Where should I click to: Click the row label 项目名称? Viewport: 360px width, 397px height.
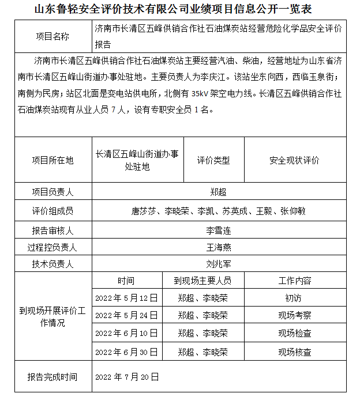[52, 36]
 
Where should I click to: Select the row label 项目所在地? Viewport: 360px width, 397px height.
[52, 160]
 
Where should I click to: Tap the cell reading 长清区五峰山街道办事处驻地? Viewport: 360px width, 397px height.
[137, 160]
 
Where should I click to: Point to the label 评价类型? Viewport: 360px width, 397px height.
[213, 160]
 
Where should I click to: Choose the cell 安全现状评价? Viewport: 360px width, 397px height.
[294, 160]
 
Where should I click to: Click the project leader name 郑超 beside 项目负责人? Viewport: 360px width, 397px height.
[219, 192]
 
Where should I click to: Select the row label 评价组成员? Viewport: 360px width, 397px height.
[52, 211]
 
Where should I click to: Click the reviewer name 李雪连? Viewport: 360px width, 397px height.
[219, 230]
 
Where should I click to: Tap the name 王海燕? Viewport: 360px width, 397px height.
[219, 248]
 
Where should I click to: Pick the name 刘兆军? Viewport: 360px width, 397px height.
[219, 264]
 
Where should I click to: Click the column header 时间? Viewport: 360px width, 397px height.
[126, 281]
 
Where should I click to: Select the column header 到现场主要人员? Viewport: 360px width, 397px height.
[202, 281]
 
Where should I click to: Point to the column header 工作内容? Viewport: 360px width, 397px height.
[294, 281]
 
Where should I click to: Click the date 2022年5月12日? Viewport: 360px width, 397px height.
[126, 298]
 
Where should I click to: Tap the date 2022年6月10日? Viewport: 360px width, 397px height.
[126, 333]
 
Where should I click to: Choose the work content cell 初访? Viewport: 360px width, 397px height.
[294, 298]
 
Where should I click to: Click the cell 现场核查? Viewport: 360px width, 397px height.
[294, 351]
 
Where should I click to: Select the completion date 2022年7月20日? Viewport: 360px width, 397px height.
[126, 377]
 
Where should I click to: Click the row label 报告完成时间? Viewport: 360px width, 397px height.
[52, 377]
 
